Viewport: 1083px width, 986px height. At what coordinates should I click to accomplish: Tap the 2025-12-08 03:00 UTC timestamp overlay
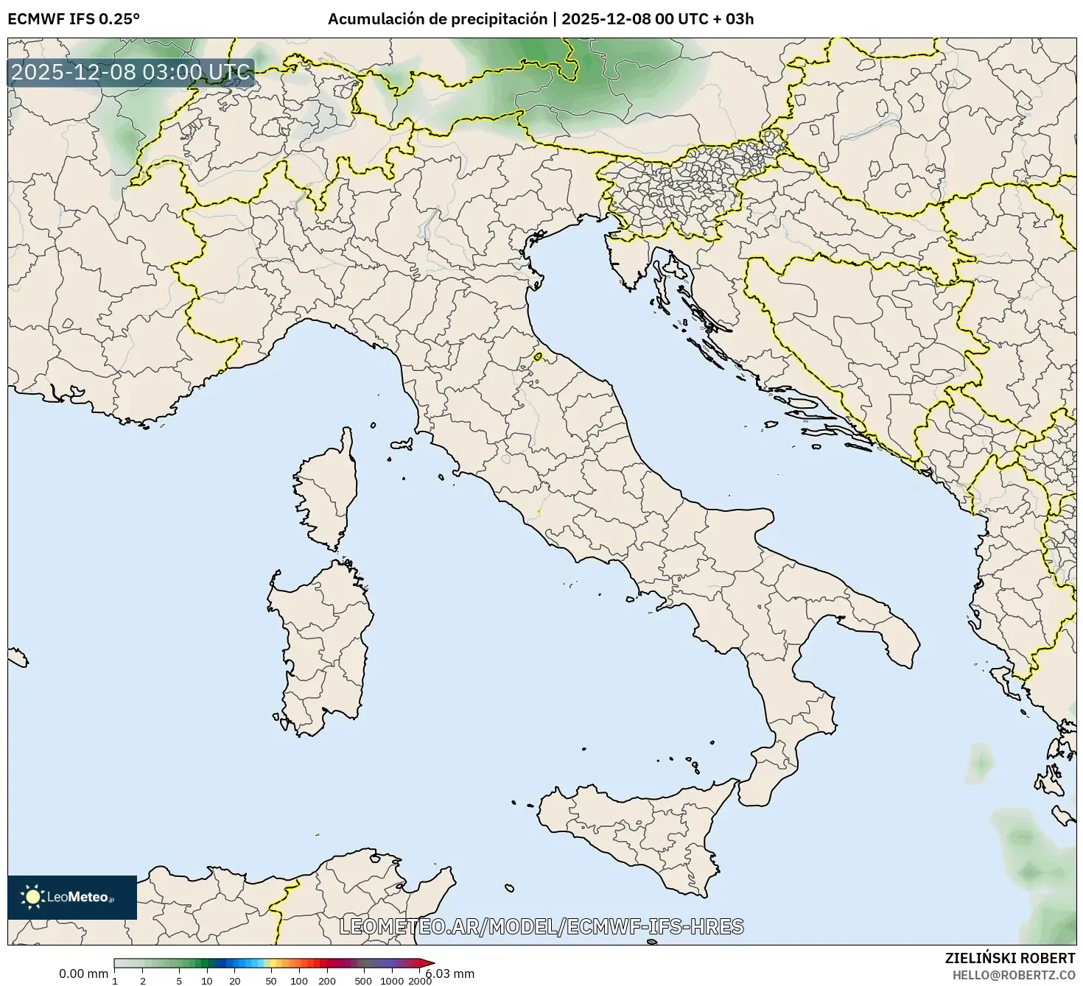coord(131,73)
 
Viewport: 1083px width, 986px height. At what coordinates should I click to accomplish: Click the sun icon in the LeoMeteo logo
coord(32,896)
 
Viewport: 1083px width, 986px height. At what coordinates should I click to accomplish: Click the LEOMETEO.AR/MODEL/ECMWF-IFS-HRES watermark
coord(541,926)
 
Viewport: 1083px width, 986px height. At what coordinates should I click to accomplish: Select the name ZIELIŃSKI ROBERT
coord(1009,958)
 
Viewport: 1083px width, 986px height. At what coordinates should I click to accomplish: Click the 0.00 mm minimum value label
coord(83,973)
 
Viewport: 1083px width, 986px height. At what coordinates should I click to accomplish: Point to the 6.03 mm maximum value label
coord(450,973)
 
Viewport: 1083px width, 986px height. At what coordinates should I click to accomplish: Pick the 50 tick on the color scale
coord(271,980)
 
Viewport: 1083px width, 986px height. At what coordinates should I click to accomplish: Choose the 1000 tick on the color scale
coord(392,980)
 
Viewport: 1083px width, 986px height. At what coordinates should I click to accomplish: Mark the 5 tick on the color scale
coord(179,980)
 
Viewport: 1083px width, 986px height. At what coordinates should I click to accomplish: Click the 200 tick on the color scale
coord(327,980)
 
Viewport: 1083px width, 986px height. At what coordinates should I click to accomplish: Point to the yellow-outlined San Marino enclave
coord(538,357)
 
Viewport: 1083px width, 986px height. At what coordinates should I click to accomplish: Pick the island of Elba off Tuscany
coord(402,445)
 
